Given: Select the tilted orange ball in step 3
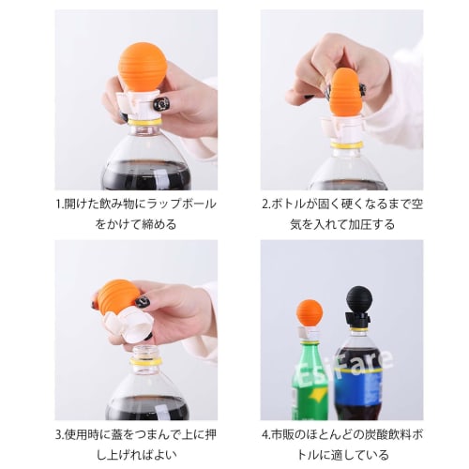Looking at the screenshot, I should click(x=118, y=295).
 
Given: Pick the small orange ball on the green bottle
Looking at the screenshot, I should click(x=310, y=312).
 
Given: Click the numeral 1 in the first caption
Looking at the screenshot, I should click(x=57, y=204).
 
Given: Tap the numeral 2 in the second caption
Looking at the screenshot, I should click(x=265, y=204).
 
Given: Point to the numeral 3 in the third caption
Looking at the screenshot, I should click(x=57, y=435).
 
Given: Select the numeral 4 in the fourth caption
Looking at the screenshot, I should click(x=265, y=435).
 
